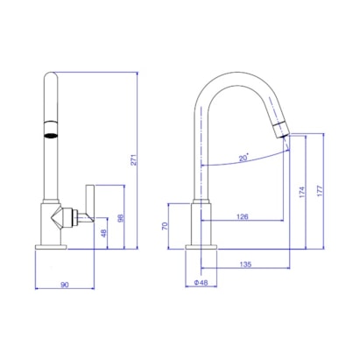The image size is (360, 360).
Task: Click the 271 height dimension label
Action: click(134, 159)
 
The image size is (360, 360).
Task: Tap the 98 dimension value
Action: click(121, 218)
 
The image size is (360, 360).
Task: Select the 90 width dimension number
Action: click(65, 285)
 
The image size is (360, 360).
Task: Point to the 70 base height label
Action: click(165, 226)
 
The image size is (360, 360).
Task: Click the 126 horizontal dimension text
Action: click(243, 216)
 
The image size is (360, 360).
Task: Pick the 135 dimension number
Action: click(245, 265)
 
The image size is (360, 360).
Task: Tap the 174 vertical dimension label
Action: click(302, 193)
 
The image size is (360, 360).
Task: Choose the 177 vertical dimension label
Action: click(320, 191)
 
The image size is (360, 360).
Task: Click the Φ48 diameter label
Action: click(201, 282)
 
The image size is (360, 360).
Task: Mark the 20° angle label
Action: click(244, 158)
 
